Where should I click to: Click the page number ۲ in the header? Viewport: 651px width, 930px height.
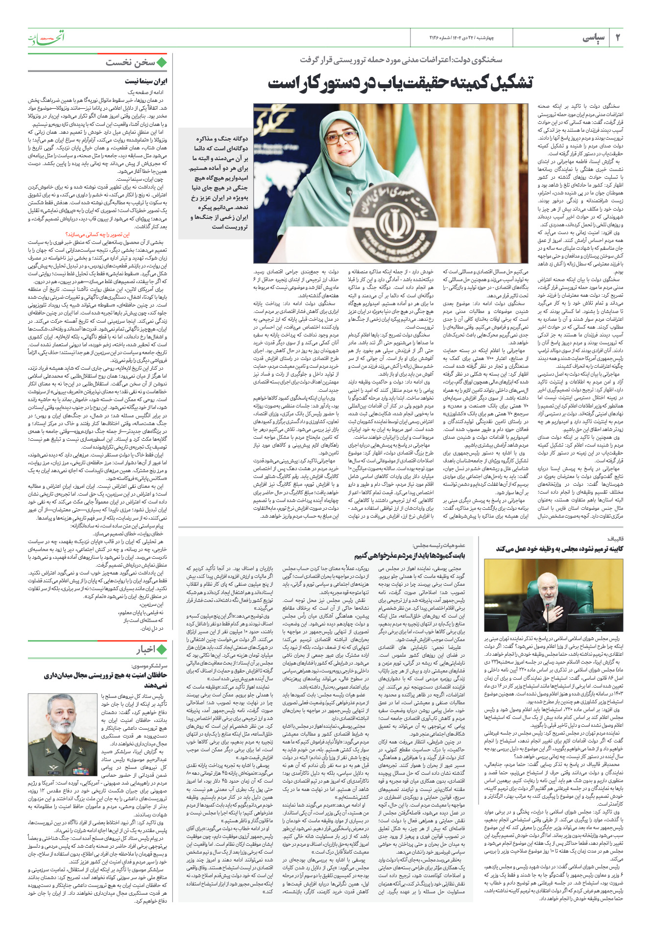pos(617,38)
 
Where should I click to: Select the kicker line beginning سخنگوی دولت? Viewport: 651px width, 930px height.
pos(401,60)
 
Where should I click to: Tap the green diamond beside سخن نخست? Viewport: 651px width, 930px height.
pos(162,62)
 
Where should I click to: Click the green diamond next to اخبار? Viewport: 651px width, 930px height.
pos(162,649)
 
